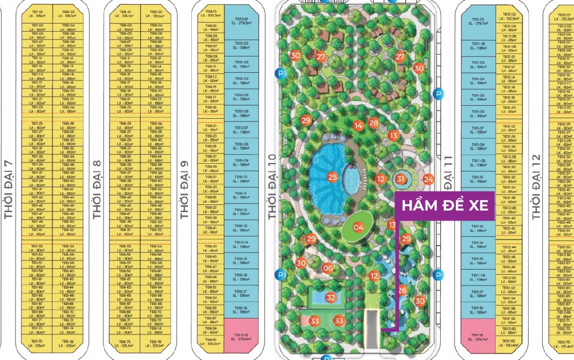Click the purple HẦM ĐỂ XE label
pos(444,205)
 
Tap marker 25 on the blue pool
pos(332,177)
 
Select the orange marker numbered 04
pos(358,227)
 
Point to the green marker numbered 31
pos(401,179)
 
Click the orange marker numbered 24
pos(428,180)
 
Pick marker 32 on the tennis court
pos(331,297)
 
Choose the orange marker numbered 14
pos(358,126)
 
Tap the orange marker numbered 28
pos(374,123)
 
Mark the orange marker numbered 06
pos(328,268)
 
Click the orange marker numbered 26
pos(402,290)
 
